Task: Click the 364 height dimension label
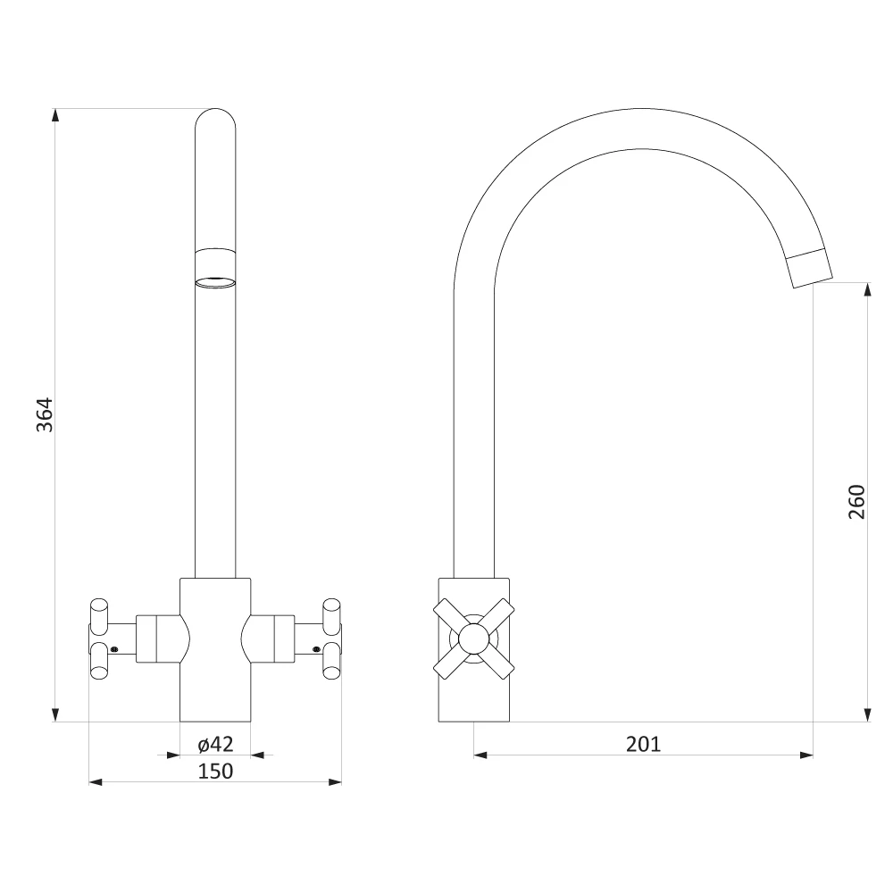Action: point(45,414)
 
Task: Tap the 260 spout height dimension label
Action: point(856,502)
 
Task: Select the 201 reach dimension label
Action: point(643,745)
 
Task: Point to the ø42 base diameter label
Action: point(215,744)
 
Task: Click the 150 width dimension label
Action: point(215,772)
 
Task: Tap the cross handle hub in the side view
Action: point(474,638)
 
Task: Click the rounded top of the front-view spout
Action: point(215,118)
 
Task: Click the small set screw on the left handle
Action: point(114,648)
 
